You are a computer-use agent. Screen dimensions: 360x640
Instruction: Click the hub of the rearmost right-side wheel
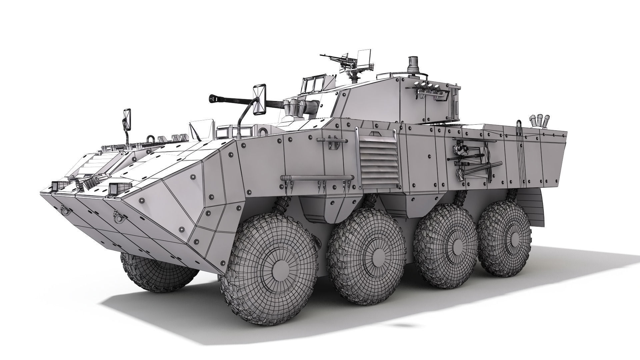click(509, 235)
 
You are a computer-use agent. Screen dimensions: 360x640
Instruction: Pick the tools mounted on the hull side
click(473, 160)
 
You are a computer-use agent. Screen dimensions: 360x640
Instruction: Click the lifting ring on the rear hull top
click(519, 127)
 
